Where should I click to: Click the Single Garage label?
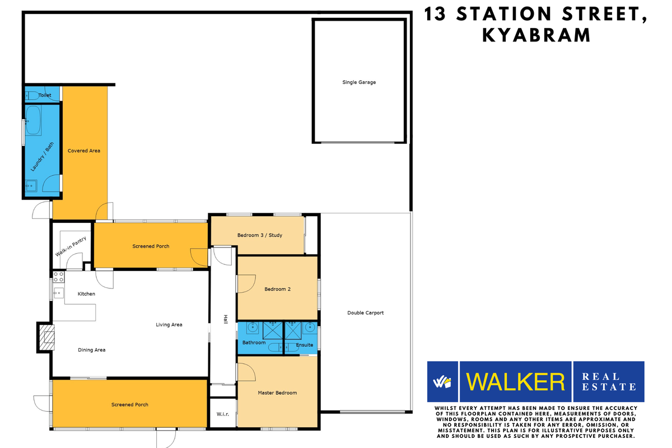[359, 82]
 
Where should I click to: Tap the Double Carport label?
[366, 313]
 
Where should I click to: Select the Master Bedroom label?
[277, 393]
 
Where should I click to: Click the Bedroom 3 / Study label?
[260, 235]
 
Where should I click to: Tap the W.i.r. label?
[222, 415]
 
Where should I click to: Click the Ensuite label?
[305, 345]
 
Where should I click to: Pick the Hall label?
[226, 320]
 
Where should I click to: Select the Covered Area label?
[84, 151]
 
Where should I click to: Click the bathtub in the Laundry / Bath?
[33, 121]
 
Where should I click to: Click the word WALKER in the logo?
[516, 382]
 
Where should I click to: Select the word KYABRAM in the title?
[536, 35]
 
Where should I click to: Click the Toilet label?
[45, 95]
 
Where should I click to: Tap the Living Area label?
[169, 325]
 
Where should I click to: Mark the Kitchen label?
[86, 293]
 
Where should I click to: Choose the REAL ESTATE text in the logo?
[609, 381]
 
